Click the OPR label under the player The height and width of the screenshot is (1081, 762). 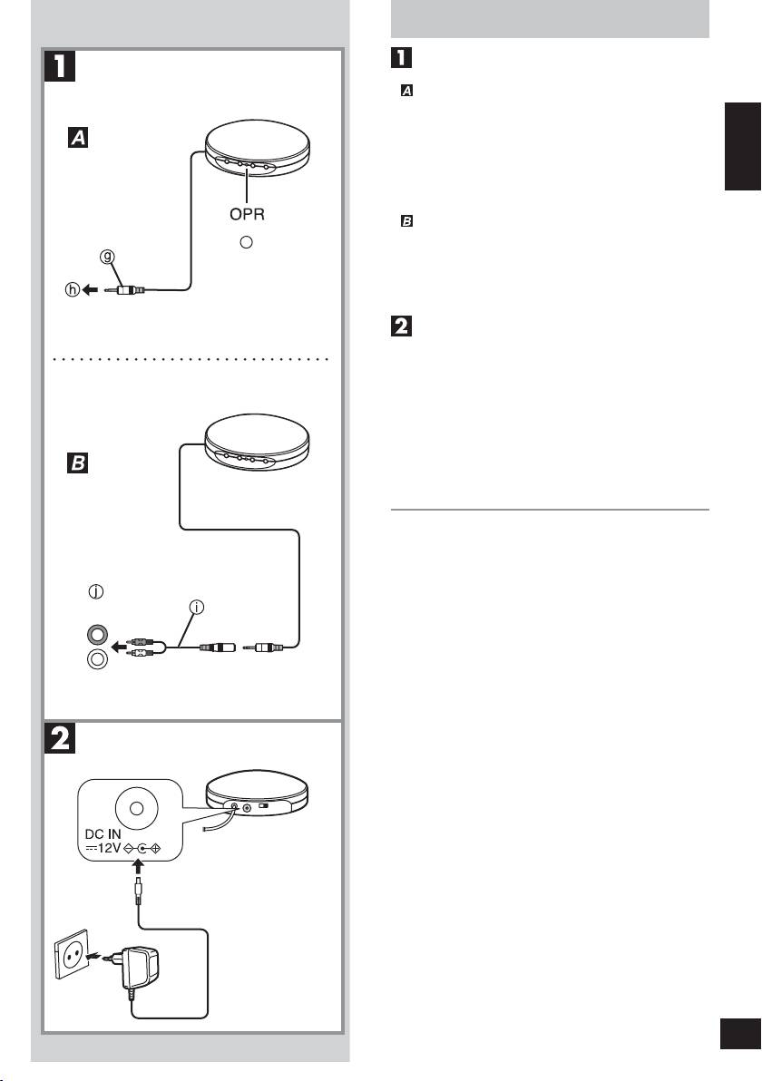click(x=247, y=214)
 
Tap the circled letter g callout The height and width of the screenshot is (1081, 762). click(x=107, y=258)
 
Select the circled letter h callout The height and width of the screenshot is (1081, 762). click(x=72, y=290)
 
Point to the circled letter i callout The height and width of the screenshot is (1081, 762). click(x=197, y=608)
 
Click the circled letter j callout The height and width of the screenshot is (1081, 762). click(x=96, y=591)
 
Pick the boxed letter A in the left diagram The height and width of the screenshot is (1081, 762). click(x=78, y=138)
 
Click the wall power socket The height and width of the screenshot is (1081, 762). click(x=73, y=954)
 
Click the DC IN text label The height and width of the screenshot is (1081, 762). click(x=103, y=835)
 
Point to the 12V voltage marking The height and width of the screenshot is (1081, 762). click(x=103, y=850)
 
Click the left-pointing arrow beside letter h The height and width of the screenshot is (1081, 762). click(x=89, y=290)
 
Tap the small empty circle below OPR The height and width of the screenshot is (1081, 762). click(x=246, y=242)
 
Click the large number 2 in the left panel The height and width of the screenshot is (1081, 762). click(x=60, y=738)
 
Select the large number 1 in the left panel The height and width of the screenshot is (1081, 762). click(x=60, y=66)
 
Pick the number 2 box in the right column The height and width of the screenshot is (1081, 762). click(x=401, y=326)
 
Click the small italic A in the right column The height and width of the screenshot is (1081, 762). click(x=407, y=91)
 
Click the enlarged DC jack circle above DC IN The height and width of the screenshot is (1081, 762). click(x=137, y=807)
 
